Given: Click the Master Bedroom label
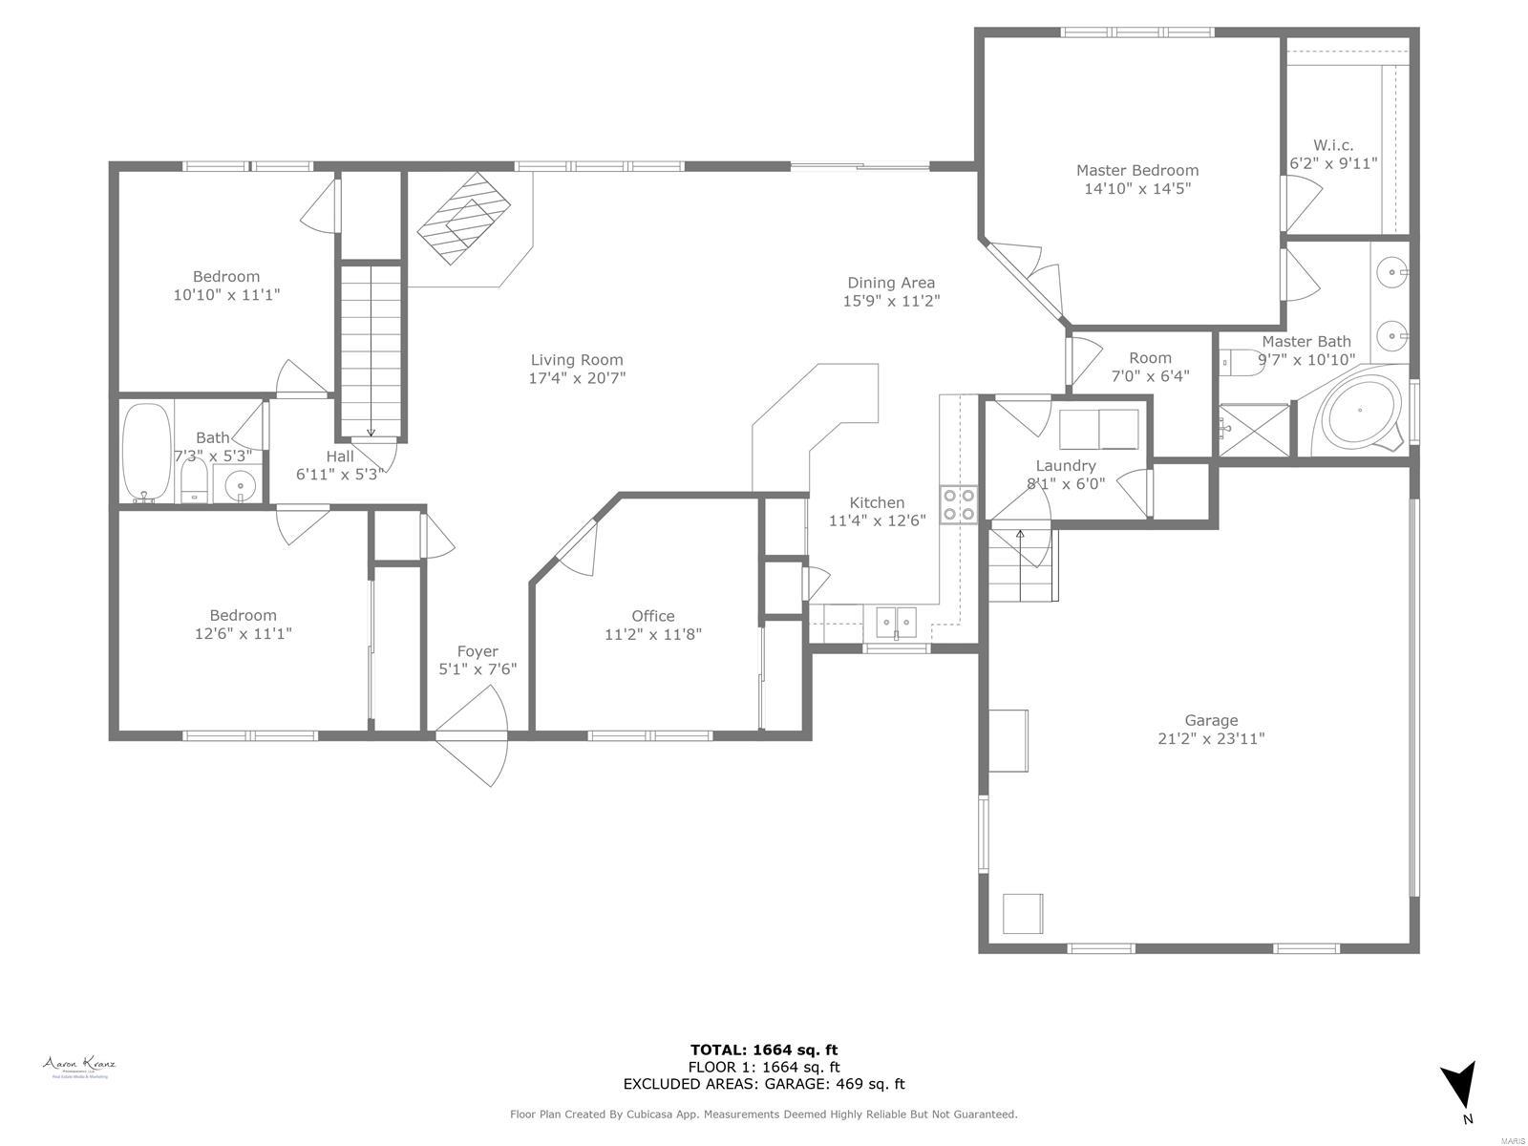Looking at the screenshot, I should point(1136,171).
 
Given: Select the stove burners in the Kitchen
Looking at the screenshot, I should point(958,504).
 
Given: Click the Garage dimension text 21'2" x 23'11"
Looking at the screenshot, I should point(1211,738).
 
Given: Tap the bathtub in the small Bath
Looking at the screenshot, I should point(146,452).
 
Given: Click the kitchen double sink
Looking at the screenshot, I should point(896,622).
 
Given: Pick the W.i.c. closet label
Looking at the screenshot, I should point(1333,145).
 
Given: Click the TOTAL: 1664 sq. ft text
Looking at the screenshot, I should point(764,1050).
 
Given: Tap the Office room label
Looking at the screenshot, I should point(652,616).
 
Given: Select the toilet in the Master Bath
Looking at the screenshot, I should point(1241,363).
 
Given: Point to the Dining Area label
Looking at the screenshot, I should point(890,283).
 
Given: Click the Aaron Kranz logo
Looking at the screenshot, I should point(78,1066).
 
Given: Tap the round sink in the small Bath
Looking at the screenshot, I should point(240,486).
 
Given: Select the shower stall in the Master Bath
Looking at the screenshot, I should point(1253,429).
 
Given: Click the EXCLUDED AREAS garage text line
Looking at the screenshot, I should point(764,1084).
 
